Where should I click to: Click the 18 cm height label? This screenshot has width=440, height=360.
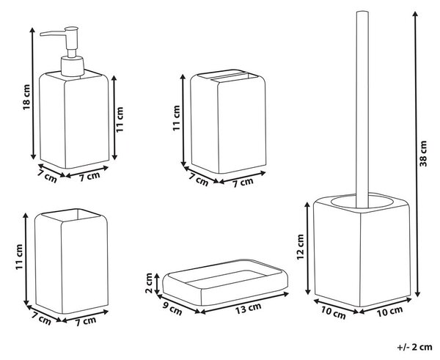point(26,97)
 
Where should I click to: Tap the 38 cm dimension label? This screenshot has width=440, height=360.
point(423,154)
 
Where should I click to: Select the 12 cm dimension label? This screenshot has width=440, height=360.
point(301,247)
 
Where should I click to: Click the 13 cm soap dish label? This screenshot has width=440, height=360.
point(248,309)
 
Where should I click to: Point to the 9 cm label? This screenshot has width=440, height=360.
point(172,308)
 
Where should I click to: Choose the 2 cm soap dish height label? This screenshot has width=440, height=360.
point(149,283)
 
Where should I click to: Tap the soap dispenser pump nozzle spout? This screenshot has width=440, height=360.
point(53,34)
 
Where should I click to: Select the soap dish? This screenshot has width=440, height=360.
point(225,282)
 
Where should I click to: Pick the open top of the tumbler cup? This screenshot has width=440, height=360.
point(70,215)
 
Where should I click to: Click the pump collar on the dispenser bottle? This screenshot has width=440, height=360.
point(73,66)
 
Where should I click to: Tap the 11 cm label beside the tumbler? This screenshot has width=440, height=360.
point(19,257)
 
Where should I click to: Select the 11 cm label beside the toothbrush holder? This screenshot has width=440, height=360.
point(176,118)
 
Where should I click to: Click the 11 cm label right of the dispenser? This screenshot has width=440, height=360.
point(120,120)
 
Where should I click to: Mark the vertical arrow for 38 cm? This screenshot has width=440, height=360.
point(417,154)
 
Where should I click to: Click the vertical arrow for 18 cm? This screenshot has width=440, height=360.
point(33,93)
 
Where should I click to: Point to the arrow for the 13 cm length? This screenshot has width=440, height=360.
point(244,303)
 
